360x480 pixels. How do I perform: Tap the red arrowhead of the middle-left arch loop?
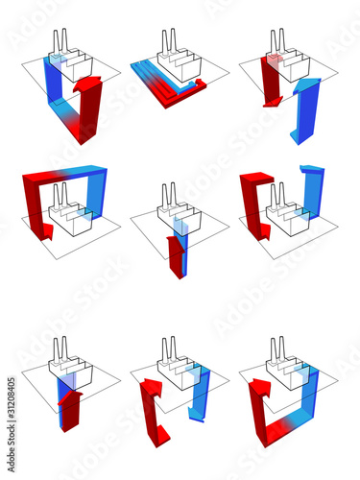[x=44, y=231]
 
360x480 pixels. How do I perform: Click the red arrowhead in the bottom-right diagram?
[x=260, y=390]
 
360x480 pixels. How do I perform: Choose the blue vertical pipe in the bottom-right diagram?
[x=310, y=403]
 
